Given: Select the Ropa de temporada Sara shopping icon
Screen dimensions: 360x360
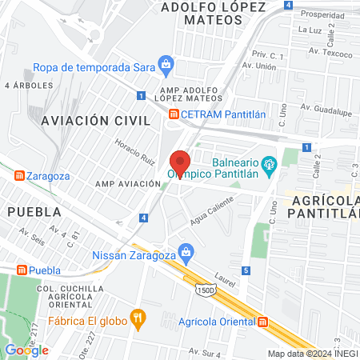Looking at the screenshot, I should [x=166, y=62].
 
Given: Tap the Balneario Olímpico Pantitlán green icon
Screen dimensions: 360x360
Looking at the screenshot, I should [x=269, y=165].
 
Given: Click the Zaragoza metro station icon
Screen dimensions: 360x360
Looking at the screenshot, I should [x=18, y=175].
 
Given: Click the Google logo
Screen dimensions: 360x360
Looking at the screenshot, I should [x=26, y=350].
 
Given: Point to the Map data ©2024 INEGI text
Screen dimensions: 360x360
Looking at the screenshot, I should [x=311, y=354].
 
